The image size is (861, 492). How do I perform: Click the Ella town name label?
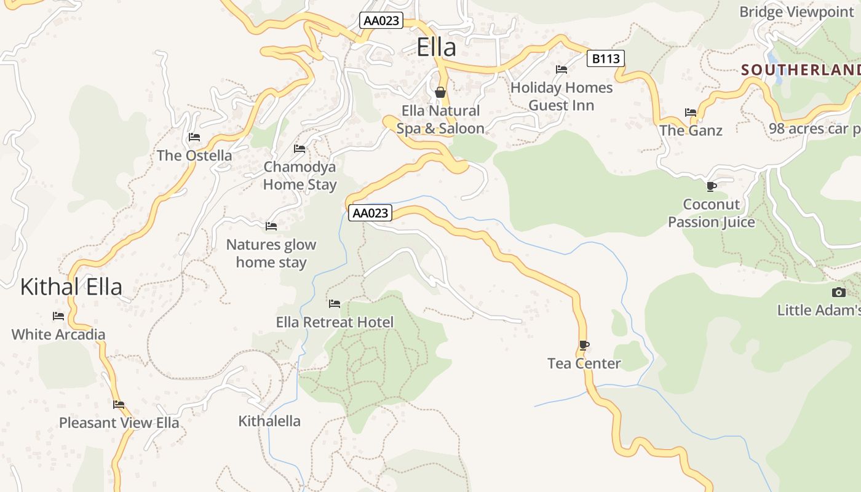(x=437, y=47)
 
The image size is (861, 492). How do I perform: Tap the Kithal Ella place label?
(x=71, y=287)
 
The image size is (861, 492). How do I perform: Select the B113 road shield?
(x=606, y=58)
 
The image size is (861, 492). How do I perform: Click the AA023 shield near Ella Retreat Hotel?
(x=370, y=213)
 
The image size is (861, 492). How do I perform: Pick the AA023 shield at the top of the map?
(x=381, y=20)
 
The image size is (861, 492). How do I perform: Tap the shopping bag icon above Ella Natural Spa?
(x=440, y=93)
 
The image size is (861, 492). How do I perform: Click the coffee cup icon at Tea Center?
(x=584, y=346)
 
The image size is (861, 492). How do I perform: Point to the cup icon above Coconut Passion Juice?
(x=712, y=186)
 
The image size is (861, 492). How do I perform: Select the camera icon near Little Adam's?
(x=838, y=292)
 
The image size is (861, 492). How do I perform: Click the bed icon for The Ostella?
(x=194, y=137)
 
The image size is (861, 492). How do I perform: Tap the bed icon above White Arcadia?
(x=58, y=316)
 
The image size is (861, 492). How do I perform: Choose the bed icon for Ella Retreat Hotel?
(x=335, y=304)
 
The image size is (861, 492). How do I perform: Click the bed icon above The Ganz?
(x=691, y=113)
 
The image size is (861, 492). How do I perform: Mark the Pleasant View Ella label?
(x=119, y=423)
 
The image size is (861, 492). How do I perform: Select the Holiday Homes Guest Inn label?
(x=561, y=97)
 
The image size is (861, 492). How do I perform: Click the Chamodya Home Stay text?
(x=300, y=176)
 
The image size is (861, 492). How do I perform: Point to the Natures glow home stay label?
(x=271, y=253)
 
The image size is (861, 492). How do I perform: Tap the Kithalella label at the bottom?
(x=269, y=421)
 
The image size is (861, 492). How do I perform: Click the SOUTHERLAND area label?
(x=800, y=70)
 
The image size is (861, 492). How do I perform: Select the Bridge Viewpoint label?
(x=796, y=12)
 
